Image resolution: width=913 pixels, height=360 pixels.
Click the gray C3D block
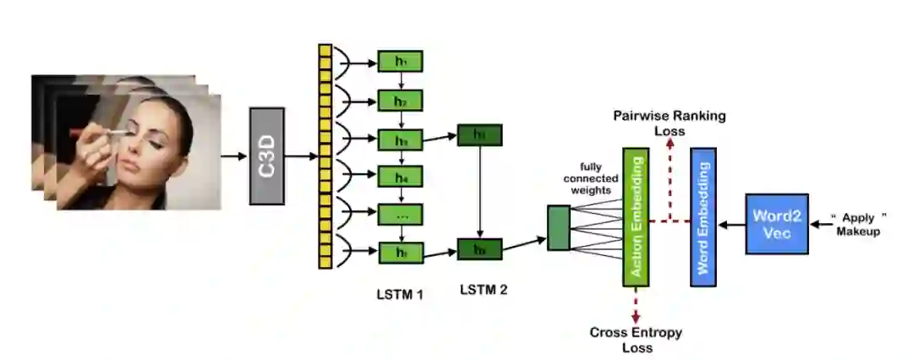[267, 155]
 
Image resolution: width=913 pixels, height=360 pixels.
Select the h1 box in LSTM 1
[400, 62]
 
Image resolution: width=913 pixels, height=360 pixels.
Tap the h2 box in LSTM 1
[400, 101]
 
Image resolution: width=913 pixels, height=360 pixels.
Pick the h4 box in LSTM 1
[400, 177]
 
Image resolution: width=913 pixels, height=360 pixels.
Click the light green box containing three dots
[400, 215]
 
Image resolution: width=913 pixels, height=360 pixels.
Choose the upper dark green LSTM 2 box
[479, 134]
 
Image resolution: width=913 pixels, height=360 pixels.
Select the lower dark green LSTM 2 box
[479, 249]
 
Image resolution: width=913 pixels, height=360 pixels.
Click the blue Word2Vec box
[777, 224]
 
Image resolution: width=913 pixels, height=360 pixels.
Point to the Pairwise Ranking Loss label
[669, 123]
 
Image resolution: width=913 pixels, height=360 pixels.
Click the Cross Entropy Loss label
[636, 339]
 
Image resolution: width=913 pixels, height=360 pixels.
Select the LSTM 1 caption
[400, 295]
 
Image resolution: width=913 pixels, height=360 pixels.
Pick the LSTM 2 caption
[484, 290]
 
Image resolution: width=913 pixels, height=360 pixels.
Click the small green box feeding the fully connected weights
[559, 227]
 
